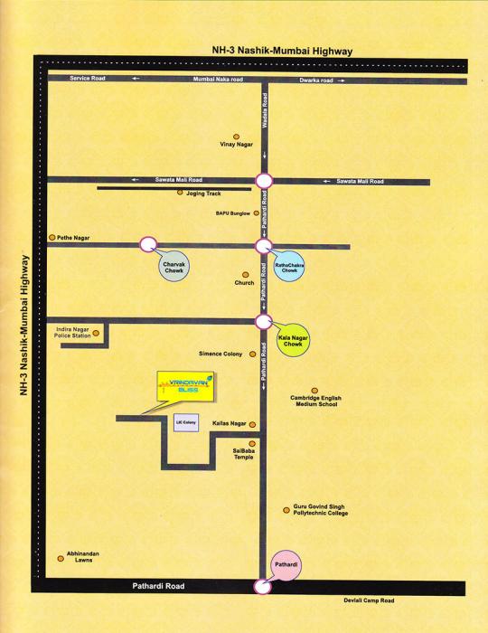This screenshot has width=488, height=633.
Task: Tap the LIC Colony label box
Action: [x=184, y=424]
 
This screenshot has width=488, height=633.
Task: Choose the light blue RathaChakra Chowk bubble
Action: [x=290, y=267]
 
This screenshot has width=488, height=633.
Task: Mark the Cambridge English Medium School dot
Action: [x=314, y=391]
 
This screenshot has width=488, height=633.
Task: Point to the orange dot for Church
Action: [x=244, y=274]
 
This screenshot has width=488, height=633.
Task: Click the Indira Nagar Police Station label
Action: [x=72, y=333]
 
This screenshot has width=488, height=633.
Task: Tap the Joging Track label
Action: [x=205, y=193]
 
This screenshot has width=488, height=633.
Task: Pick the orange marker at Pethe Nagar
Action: [x=52, y=237]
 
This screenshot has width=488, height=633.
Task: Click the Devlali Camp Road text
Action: [x=370, y=600]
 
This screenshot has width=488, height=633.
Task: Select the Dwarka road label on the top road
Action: [x=316, y=80]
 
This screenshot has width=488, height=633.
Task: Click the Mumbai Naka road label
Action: [x=218, y=80]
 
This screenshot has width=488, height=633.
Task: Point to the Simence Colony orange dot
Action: [x=250, y=354]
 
